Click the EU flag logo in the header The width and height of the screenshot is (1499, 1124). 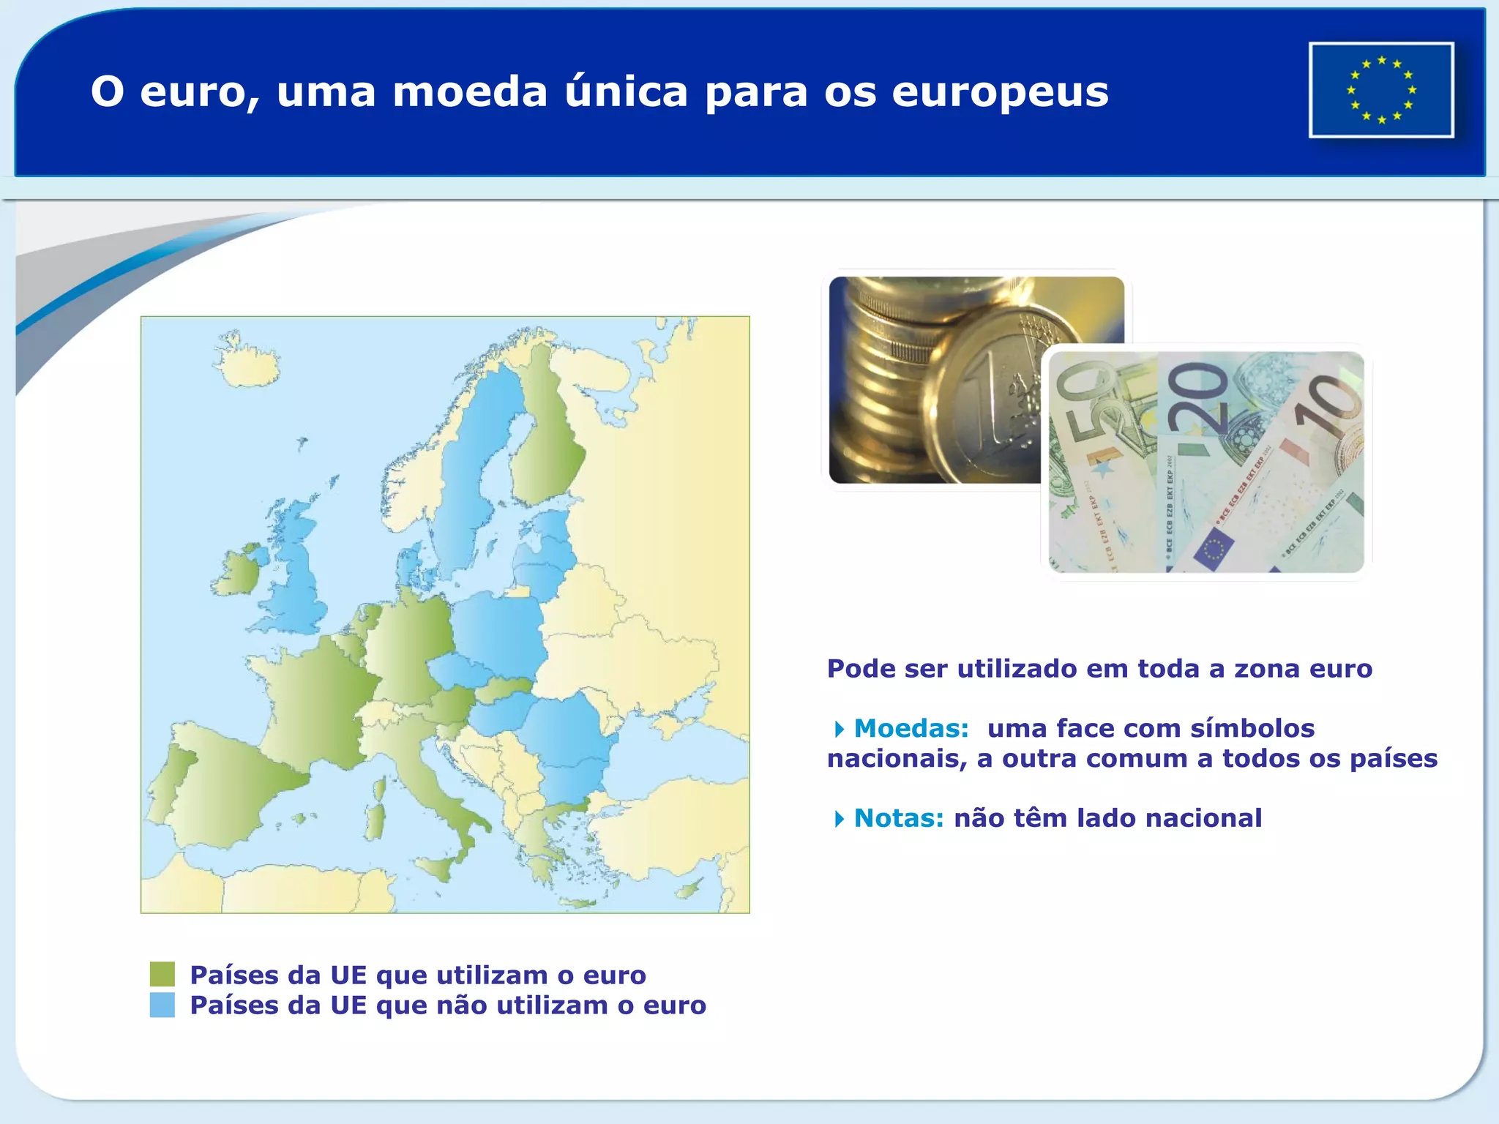(1381, 90)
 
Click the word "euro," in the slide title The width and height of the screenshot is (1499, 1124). (198, 93)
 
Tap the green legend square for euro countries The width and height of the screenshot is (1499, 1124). (162, 974)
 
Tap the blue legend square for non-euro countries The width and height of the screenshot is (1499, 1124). (162, 1005)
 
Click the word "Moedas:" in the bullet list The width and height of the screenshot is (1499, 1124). (911, 728)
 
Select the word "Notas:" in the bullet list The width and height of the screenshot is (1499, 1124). (899, 817)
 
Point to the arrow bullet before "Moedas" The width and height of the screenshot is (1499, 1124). (839, 729)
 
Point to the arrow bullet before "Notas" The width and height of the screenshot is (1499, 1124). (839, 818)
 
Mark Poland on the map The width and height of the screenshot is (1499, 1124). (498, 629)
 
